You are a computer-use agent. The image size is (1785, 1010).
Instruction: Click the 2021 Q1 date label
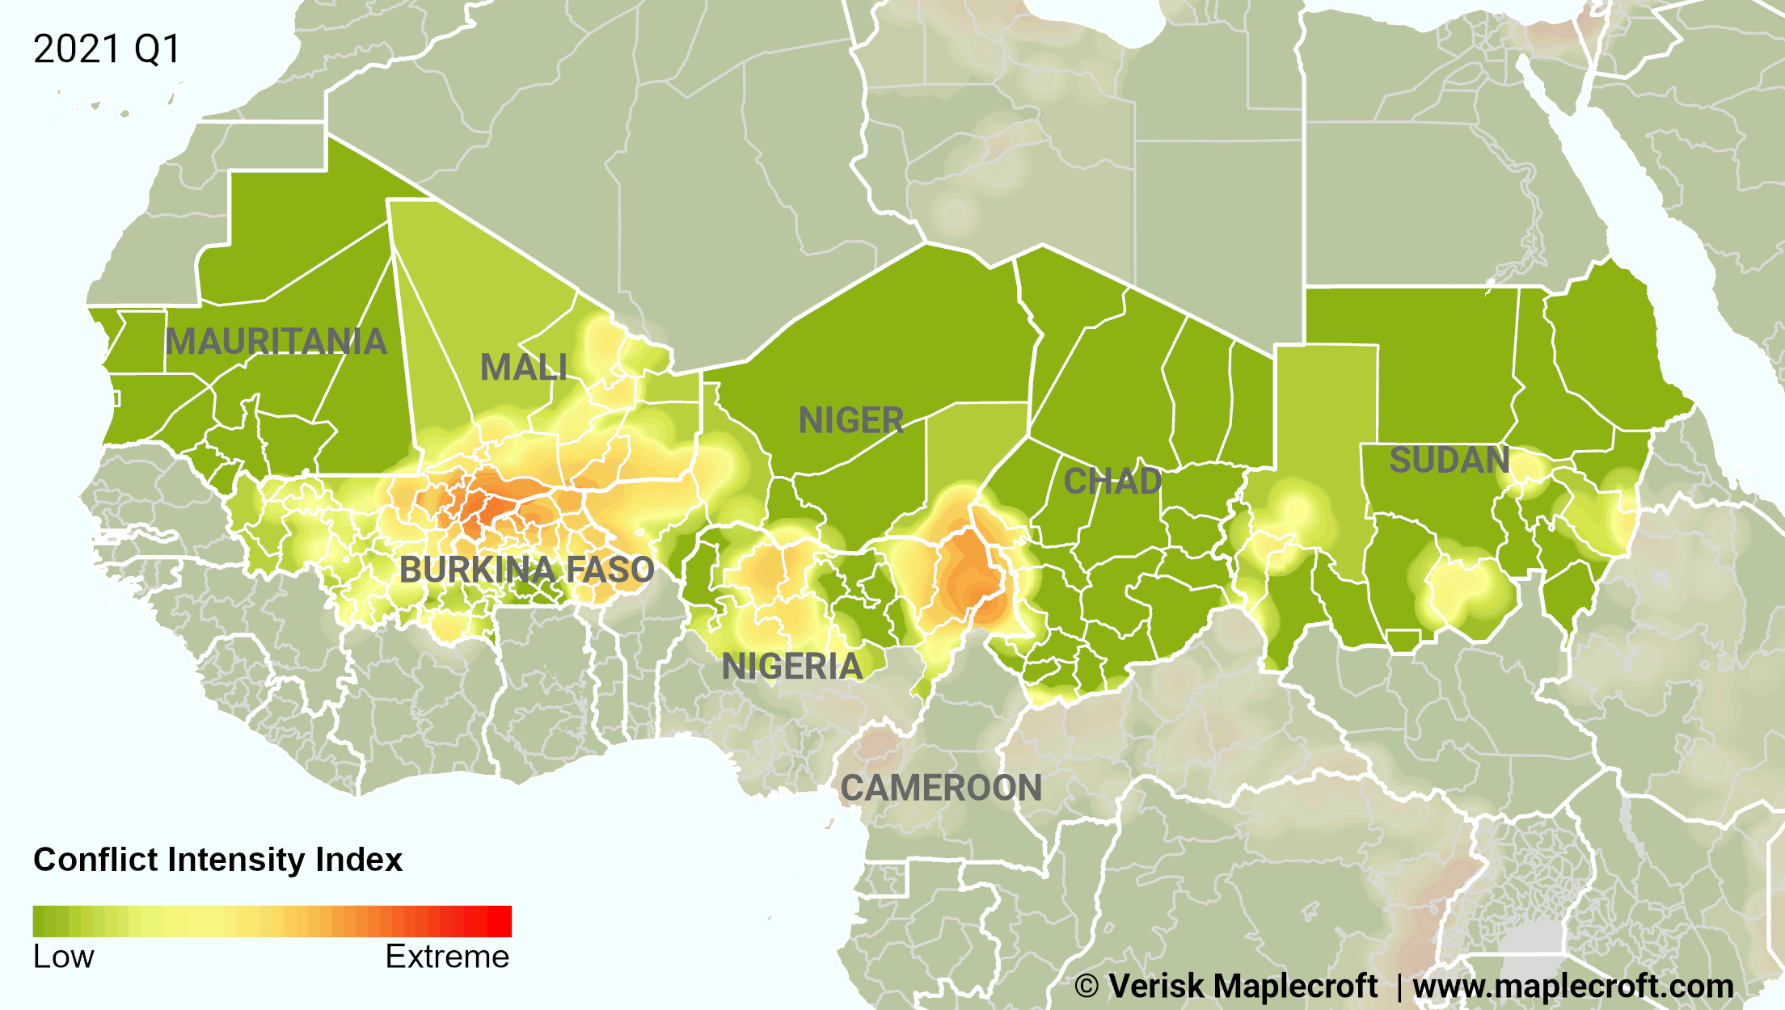pyautogui.click(x=107, y=49)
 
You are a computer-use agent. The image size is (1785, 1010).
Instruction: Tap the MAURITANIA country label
pyautogui.click(x=276, y=342)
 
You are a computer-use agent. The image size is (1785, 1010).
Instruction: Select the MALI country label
pyautogui.click(x=524, y=368)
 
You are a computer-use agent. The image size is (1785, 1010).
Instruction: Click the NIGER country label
pyautogui.click(x=850, y=421)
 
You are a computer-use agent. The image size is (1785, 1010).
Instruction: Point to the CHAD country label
pyautogui.click(x=1112, y=482)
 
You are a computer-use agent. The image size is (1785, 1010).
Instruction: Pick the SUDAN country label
pyautogui.click(x=1450, y=461)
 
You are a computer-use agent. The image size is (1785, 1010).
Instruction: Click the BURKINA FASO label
pyautogui.click(x=526, y=570)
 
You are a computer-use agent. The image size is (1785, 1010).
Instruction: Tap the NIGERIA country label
pyautogui.click(x=792, y=667)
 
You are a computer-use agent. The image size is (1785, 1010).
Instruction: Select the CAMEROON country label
pyautogui.click(x=941, y=789)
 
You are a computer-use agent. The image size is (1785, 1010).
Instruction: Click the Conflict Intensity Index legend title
pyautogui.click(x=217, y=860)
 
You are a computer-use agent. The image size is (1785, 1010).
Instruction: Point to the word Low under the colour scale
pyautogui.click(x=63, y=957)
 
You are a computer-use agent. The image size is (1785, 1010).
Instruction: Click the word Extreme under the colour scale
pyautogui.click(x=447, y=957)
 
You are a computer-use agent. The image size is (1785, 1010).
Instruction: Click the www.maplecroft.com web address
pyautogui.click(x=1572, y=987)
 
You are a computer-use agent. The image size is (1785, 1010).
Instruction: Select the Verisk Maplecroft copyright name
pyautogui.click(x=1243, y=987)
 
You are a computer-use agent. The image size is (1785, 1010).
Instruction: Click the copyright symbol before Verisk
pyautogui.click(x=1087, y=987)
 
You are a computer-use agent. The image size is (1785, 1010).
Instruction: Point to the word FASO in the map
pyautogui.click(x=610, y=570)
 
